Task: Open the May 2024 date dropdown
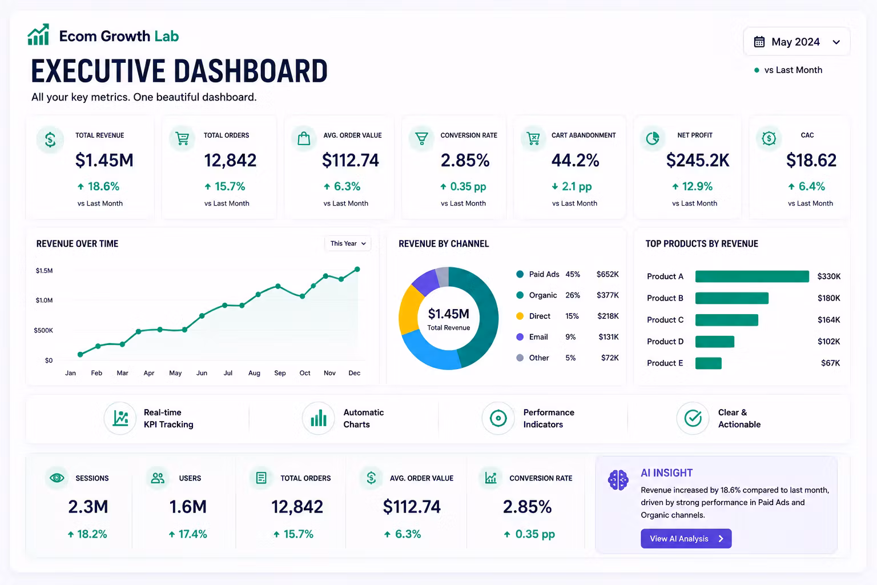796,42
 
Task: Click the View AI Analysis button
686,538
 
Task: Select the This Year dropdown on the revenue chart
348,243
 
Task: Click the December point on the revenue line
357,269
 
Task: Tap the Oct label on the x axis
304,373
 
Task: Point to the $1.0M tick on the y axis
44,300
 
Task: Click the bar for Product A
752,277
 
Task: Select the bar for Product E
708,363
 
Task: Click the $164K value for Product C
828,320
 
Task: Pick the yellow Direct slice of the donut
409,310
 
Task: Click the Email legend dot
520,336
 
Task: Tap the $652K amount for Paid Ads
608,274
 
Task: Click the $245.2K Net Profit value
698,161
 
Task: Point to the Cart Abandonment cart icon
533,138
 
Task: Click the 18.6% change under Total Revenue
98,186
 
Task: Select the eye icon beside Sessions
57,478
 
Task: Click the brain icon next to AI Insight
618,480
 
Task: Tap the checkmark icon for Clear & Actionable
693,418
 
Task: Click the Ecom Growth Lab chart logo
38,34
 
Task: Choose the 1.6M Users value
187,507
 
